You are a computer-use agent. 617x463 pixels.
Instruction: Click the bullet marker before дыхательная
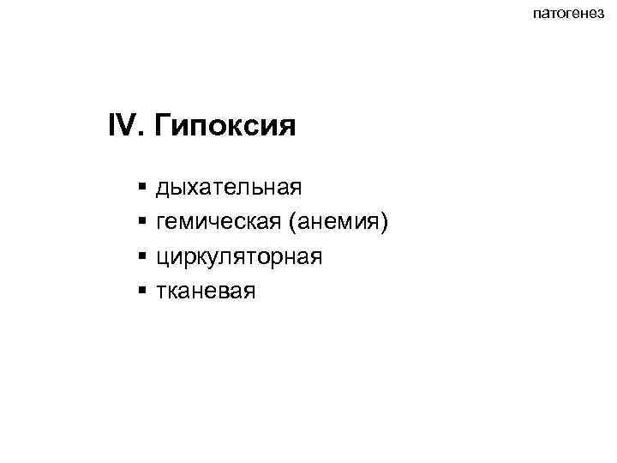click(141, 186)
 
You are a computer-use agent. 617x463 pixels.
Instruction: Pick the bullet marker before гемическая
click(141, 222)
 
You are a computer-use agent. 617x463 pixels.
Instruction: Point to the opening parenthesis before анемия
click(293, 224)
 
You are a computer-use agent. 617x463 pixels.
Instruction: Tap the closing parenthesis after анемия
click(386, 224)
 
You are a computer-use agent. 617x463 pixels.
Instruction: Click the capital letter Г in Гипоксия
click(165, 128)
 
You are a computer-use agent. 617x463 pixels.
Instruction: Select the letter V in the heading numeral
click(129, 128)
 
